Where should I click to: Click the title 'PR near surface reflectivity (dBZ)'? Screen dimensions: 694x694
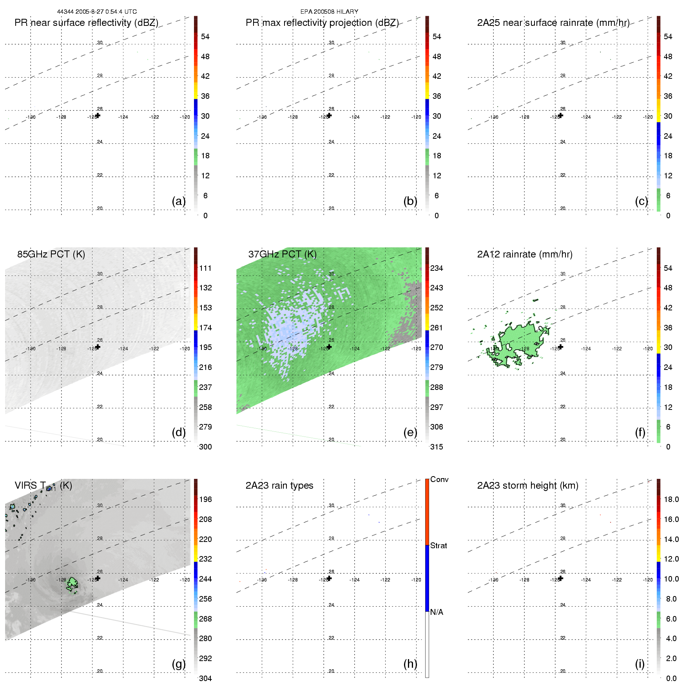(x=86, y=23)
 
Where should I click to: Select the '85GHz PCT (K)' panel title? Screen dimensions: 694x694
(x=51, y=254)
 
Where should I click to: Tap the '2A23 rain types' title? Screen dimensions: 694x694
(x=279, y=486)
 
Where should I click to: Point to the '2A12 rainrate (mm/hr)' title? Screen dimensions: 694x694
(x=525, y=254)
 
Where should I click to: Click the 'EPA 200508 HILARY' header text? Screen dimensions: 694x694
(x=329, y=12)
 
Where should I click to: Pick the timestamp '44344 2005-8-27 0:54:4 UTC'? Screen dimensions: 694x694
(x=97, y=12)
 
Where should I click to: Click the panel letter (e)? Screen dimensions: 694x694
(x=410, y=432)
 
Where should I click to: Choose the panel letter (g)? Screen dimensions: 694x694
(x=179, y=664)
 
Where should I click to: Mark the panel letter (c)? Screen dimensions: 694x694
(x=641, y=201)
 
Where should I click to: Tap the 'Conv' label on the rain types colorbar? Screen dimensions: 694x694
(x=439, y=479)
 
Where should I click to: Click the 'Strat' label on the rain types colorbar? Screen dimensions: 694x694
(x=439, y=545)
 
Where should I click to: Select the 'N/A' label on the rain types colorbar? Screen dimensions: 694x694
(x=437, y=612)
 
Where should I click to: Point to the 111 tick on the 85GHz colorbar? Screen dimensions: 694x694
(x=205, y=268)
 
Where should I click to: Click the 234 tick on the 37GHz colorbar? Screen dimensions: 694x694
(x=437, y=268)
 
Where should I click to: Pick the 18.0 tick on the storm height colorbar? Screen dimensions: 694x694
(x=671, y=499)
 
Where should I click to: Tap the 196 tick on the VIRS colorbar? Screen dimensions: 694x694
(x=205, y=499)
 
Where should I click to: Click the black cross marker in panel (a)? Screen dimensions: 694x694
(x=98, y=116)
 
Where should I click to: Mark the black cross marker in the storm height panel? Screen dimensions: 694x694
(x=561, y=578)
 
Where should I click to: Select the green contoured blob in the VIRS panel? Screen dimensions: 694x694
(x=72, y=584)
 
